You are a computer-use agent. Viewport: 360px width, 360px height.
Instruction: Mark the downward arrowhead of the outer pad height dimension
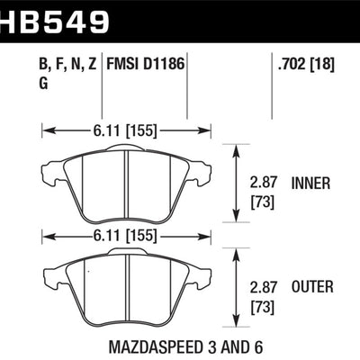(x=237, y=323)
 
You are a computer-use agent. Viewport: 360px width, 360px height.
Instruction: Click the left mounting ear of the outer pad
(x=52, y=272)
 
